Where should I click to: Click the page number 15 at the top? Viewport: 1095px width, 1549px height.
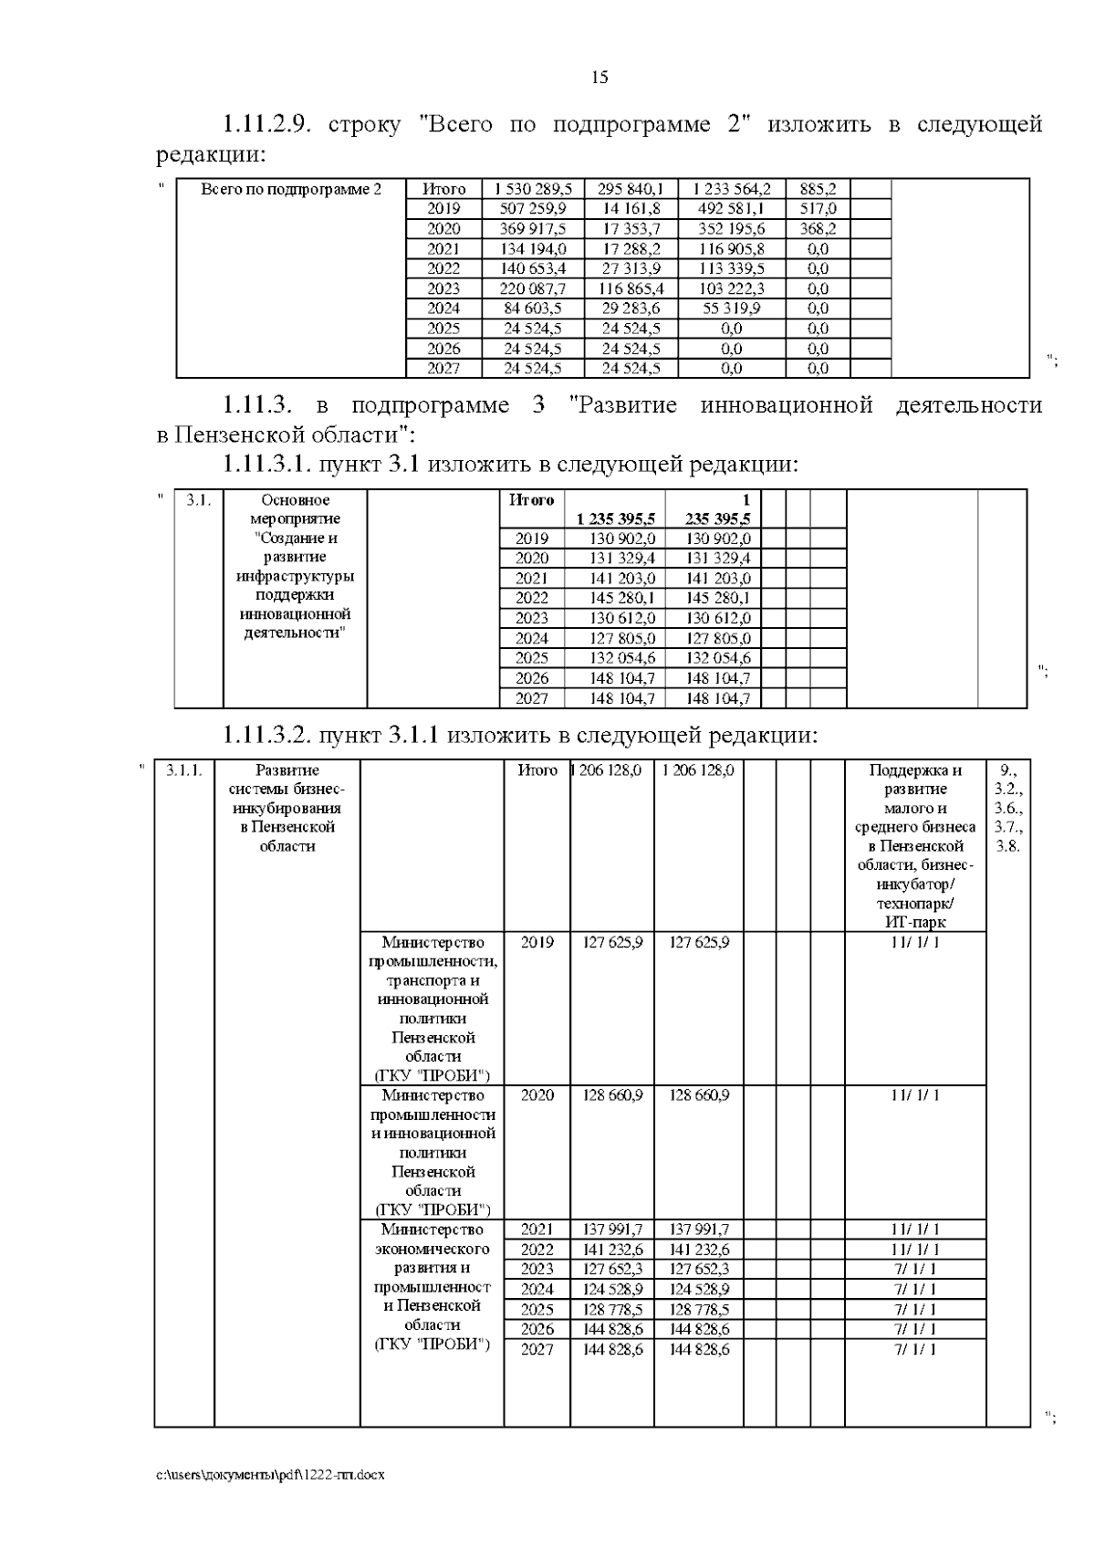click(x=600, y=78)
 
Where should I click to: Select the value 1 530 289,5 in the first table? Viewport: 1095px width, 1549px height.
click(x=534, y=189)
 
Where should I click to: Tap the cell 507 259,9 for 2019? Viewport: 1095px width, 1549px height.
click(x=534, y=209)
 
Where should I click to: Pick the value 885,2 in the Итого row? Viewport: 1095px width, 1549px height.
click(x=818, y=189)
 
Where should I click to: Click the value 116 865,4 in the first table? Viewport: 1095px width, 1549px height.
click(x=631, y=288)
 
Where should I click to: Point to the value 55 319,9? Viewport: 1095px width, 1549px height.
click(x=731, y=309)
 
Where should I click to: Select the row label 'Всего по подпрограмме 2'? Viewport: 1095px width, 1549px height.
click(x=291, y=189)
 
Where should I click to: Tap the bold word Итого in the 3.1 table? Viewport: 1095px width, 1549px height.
click(x=531, y=500)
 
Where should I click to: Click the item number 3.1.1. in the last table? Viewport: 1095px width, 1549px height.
click(x=184, y=770)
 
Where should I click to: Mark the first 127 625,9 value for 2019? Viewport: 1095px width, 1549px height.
click(x=612, y=942)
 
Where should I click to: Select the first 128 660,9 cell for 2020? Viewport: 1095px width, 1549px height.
click(x=612, y=1094)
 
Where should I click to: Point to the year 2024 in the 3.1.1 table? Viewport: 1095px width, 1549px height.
click(x=537, y=1289)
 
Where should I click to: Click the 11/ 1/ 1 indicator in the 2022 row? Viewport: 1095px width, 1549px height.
click(x=915, y=1250)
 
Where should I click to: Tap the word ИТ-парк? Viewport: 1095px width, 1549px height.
click(x=915, y=923)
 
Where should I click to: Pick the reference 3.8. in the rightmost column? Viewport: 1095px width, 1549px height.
click(x=1007, y=846)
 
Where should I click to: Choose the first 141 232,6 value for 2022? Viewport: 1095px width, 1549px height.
click(x=612, y=1250)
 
